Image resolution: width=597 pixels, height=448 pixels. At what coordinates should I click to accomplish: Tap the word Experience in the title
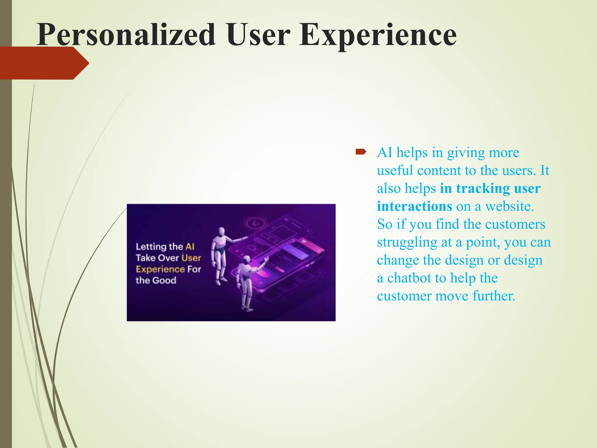(x=377, y=36)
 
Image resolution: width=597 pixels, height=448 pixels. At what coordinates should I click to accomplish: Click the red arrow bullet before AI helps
(x=361, y=152)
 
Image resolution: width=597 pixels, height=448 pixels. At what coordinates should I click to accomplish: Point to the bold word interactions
(x=414, y=206)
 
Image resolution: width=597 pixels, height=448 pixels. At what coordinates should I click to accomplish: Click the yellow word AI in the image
(x=190, y=247)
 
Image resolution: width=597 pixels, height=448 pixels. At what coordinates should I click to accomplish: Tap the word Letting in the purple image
(x=151, y=247)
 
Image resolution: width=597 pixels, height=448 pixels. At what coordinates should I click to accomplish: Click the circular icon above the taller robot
(x=256, y=223)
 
